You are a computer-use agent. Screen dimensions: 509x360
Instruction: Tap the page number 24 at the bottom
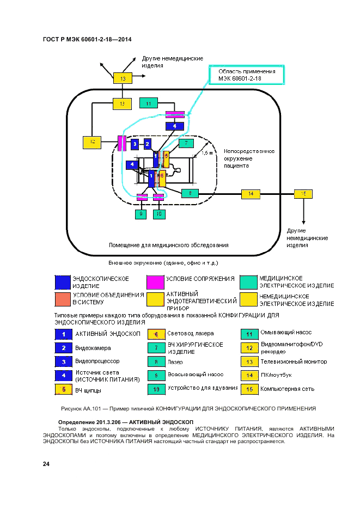[x=46, y=464]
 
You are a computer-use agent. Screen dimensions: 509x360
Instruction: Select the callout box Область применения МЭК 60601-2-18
[x=247, y=75]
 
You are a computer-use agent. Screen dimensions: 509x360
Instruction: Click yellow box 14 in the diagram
[x=251, y=193]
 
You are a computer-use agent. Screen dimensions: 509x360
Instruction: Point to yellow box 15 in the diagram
[x=303, y=193]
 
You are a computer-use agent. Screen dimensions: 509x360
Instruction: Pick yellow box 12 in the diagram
[x=93, y=143]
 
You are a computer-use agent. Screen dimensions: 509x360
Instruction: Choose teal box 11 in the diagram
[x=149, y=103]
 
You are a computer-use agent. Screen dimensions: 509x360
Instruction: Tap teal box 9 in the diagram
[x=142, y=214]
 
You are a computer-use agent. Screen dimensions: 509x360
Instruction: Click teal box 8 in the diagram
[x=190, y=193]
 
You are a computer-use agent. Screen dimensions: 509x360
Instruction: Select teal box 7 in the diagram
[x=186, y=144]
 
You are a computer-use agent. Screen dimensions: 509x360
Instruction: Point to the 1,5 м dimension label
[x=208, y=154]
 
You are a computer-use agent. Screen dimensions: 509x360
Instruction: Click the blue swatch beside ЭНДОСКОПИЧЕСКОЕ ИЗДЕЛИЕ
[x=63, y=282]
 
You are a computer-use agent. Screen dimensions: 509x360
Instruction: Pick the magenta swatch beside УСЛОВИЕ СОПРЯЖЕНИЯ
[x=155, y=282]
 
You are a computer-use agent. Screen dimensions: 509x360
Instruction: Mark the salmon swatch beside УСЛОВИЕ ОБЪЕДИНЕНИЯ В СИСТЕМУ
[x=63, y=299]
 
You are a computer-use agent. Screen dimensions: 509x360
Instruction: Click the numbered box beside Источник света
[x=63, y=375]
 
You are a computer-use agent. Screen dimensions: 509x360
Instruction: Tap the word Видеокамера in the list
[x=93, y=348]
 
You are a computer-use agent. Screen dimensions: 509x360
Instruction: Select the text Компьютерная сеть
[x=286, y=389]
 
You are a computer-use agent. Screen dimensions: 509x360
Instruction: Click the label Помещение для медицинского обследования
[x=168, y=245]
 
